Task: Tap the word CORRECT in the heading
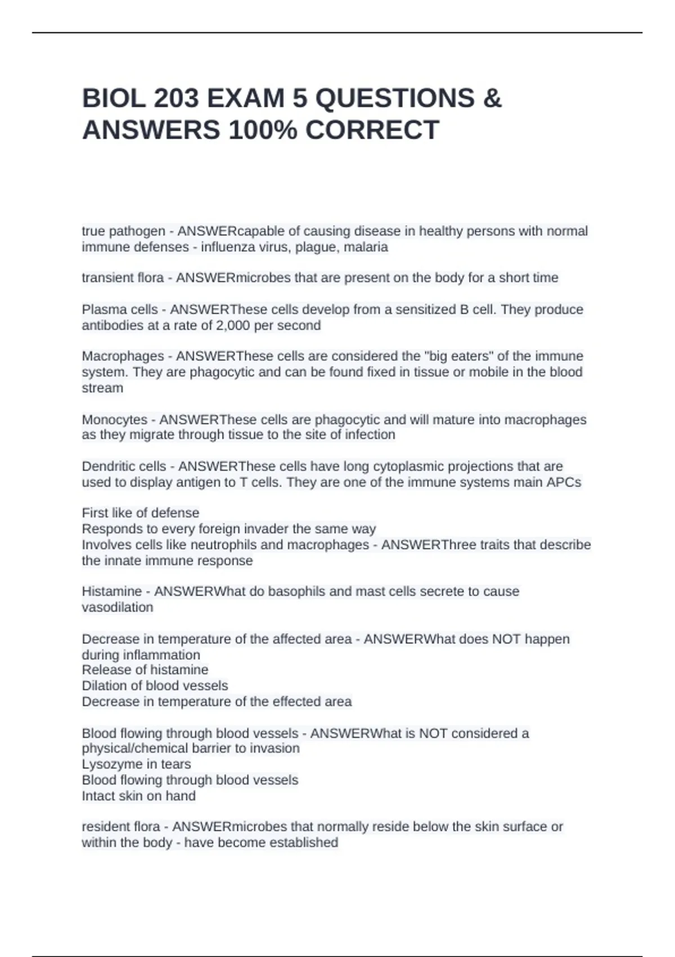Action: (372, 130)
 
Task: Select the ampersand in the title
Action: (492, 99)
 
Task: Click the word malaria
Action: (366, 247)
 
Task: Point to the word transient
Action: (105, 278)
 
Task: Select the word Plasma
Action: (102, 310)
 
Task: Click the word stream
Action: (102, 388)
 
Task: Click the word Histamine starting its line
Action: (111, 592)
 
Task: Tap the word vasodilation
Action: (117, 607)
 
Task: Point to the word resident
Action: (103, 827)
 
